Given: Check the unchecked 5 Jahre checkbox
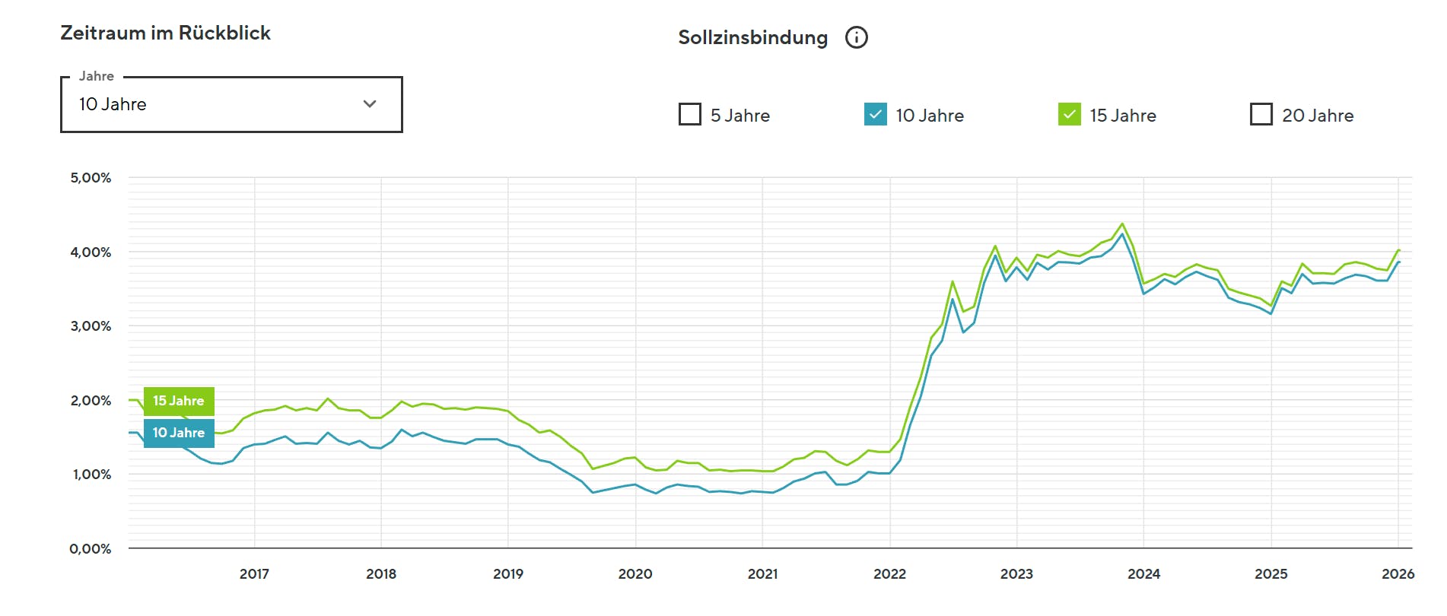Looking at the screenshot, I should click(x=689, y=114).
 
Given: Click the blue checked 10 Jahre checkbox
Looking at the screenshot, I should click(x=875, y=114).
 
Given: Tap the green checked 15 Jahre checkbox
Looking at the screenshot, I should click(x=1069, y=114).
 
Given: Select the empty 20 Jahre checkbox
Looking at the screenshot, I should click(x=1261, y=114).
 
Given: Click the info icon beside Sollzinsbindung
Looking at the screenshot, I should click(x=856, y=37).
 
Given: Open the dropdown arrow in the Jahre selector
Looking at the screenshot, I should click(x=370, y=104).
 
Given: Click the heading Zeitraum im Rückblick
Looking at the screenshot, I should click(x=165, y=33).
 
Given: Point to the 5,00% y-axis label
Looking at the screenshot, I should click(x=91, y=178).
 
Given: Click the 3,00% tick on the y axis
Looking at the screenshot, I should click(x=91, y=326).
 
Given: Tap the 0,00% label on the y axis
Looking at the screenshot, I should click(x=91, y=549).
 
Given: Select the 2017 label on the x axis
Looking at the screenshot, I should click(x=254, y=574).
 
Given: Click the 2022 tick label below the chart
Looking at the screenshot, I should click(x=889, y=574).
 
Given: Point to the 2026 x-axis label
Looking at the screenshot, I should click(x=1398, y=574).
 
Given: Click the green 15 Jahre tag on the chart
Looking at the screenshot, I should click(x=179, y=401).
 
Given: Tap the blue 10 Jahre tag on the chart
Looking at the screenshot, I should click(x=179, y=433).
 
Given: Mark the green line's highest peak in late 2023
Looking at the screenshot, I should click(x=1122, y=224).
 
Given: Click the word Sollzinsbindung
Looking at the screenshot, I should click(x=752, y=37).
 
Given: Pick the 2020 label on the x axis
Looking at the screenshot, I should click(x=635, y=574).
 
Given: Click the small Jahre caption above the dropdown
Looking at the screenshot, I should click(x=97, y=76).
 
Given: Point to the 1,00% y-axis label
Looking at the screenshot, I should click(x=91, y=475).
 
